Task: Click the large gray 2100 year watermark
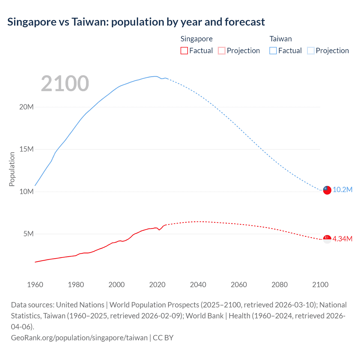point(65,84)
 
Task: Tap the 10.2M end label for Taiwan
point(342,190)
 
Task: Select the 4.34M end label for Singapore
point(342,239)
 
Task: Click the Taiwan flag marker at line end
point(327,190)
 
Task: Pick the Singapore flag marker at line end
point(327,239)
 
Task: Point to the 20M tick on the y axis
point(26,107)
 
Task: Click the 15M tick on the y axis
point(26,149)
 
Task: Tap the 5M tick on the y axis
point(28,234)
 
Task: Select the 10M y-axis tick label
point(26,192)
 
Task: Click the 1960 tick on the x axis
point(35,285)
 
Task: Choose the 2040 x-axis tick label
point(198,285)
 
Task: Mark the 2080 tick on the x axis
point(280,285)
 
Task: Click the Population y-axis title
point(12,169)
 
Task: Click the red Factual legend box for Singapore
point(184,51)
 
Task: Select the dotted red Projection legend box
point(222,51)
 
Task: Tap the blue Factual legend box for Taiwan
point(273,51)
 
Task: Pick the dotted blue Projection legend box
point(311,51)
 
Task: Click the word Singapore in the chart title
point(32,22)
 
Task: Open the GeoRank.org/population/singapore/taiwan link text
point(79,338)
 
